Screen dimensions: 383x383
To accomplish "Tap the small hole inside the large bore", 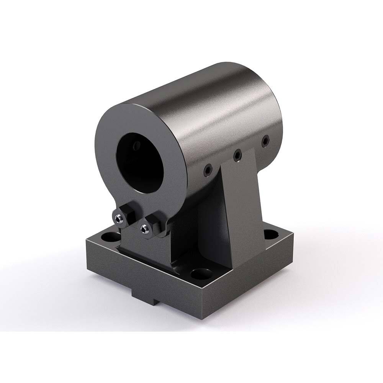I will [136, 146].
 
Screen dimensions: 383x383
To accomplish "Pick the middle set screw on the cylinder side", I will [237, 155].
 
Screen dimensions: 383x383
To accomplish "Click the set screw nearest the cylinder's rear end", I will [265, 142].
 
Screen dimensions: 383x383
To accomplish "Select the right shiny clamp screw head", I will [144, 229].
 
